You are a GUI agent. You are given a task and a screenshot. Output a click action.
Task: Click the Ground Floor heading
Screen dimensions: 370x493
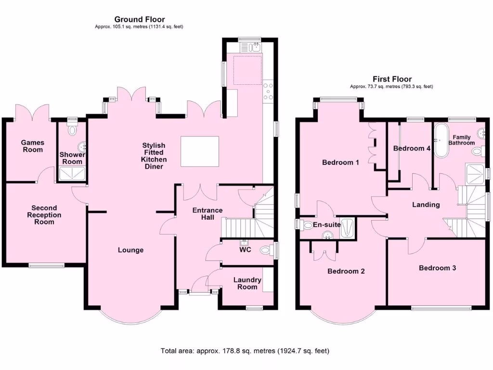pyautogui.click(x=139, y=19)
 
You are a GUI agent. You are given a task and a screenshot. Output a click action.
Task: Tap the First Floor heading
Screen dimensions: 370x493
pyautogui.click(x=392, y=79)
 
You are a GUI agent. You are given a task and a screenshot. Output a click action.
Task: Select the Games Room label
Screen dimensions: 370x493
pyautogui.click(x=32, y=146)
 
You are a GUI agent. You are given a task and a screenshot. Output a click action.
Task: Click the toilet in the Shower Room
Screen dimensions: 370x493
pyautogui.click(x=73, y=130)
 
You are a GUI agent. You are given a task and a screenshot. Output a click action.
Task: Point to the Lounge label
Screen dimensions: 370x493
pyautogui.click(x=130, y=250)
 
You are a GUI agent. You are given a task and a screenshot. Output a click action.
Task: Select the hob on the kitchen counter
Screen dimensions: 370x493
pyautogui.click(x=268, y=92)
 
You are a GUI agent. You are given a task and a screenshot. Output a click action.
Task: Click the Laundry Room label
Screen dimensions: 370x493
pyautogui.click(x=247, y=283)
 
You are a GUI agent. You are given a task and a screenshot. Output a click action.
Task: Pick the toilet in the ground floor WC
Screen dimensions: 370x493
pyautogui.click(x=264, y=251)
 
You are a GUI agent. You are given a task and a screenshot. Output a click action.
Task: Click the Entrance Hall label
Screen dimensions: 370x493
pyautogui.click(x=208, y=213)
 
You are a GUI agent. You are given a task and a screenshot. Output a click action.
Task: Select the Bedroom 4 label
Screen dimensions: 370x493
pyautogui.click(x=412, y=148)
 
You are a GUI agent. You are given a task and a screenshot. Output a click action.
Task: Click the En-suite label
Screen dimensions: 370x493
pyautogui.click(x=327, y=225)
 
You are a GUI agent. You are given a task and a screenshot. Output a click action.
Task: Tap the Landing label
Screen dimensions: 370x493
pyautogui.click(x=426, y=205)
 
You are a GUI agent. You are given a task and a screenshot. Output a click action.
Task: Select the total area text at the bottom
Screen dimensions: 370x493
pyautogui.click(x=245, y=351)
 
